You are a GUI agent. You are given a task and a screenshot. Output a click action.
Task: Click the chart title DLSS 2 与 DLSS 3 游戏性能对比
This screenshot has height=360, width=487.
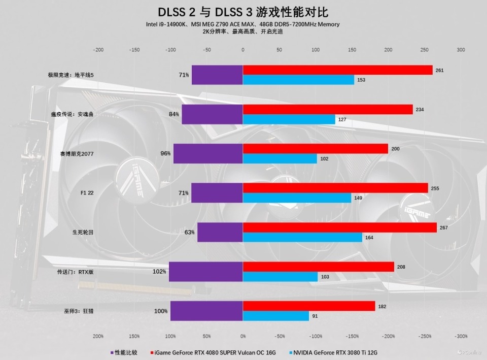[243, 11]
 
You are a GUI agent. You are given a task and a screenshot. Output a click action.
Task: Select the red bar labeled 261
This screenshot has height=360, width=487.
[337, 70]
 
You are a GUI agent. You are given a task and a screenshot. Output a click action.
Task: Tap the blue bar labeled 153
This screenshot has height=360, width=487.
[298, 80]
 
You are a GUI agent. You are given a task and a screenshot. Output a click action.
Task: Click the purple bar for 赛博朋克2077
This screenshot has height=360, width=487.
[208, 153]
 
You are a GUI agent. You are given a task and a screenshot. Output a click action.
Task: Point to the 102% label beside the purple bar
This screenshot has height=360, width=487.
[159, 272]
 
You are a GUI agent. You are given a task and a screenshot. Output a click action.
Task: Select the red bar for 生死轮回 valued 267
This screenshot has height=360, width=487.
[339, 227]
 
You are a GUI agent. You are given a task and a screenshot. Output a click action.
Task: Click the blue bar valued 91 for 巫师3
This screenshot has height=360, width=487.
[275, 316]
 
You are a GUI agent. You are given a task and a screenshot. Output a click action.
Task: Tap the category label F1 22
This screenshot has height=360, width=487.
[87, 193]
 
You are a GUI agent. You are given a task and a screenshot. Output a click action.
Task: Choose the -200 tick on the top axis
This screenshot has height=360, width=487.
[98, 50]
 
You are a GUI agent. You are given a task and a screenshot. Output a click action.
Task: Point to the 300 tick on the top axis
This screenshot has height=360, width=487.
[461, 50]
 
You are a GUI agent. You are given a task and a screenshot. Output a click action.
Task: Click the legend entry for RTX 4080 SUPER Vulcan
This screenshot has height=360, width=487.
[215, 352]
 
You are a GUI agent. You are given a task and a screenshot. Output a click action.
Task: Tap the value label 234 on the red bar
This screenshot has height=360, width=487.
[420, 110]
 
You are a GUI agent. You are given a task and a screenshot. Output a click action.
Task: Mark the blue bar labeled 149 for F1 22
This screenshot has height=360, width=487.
[297, 198]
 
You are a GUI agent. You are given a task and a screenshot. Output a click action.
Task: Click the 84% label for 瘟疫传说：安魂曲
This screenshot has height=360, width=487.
[174, 114]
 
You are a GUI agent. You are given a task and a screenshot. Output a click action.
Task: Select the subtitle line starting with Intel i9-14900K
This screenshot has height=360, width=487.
[243, 24]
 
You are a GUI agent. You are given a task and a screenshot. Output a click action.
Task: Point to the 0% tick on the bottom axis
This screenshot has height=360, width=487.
[243, 337]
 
